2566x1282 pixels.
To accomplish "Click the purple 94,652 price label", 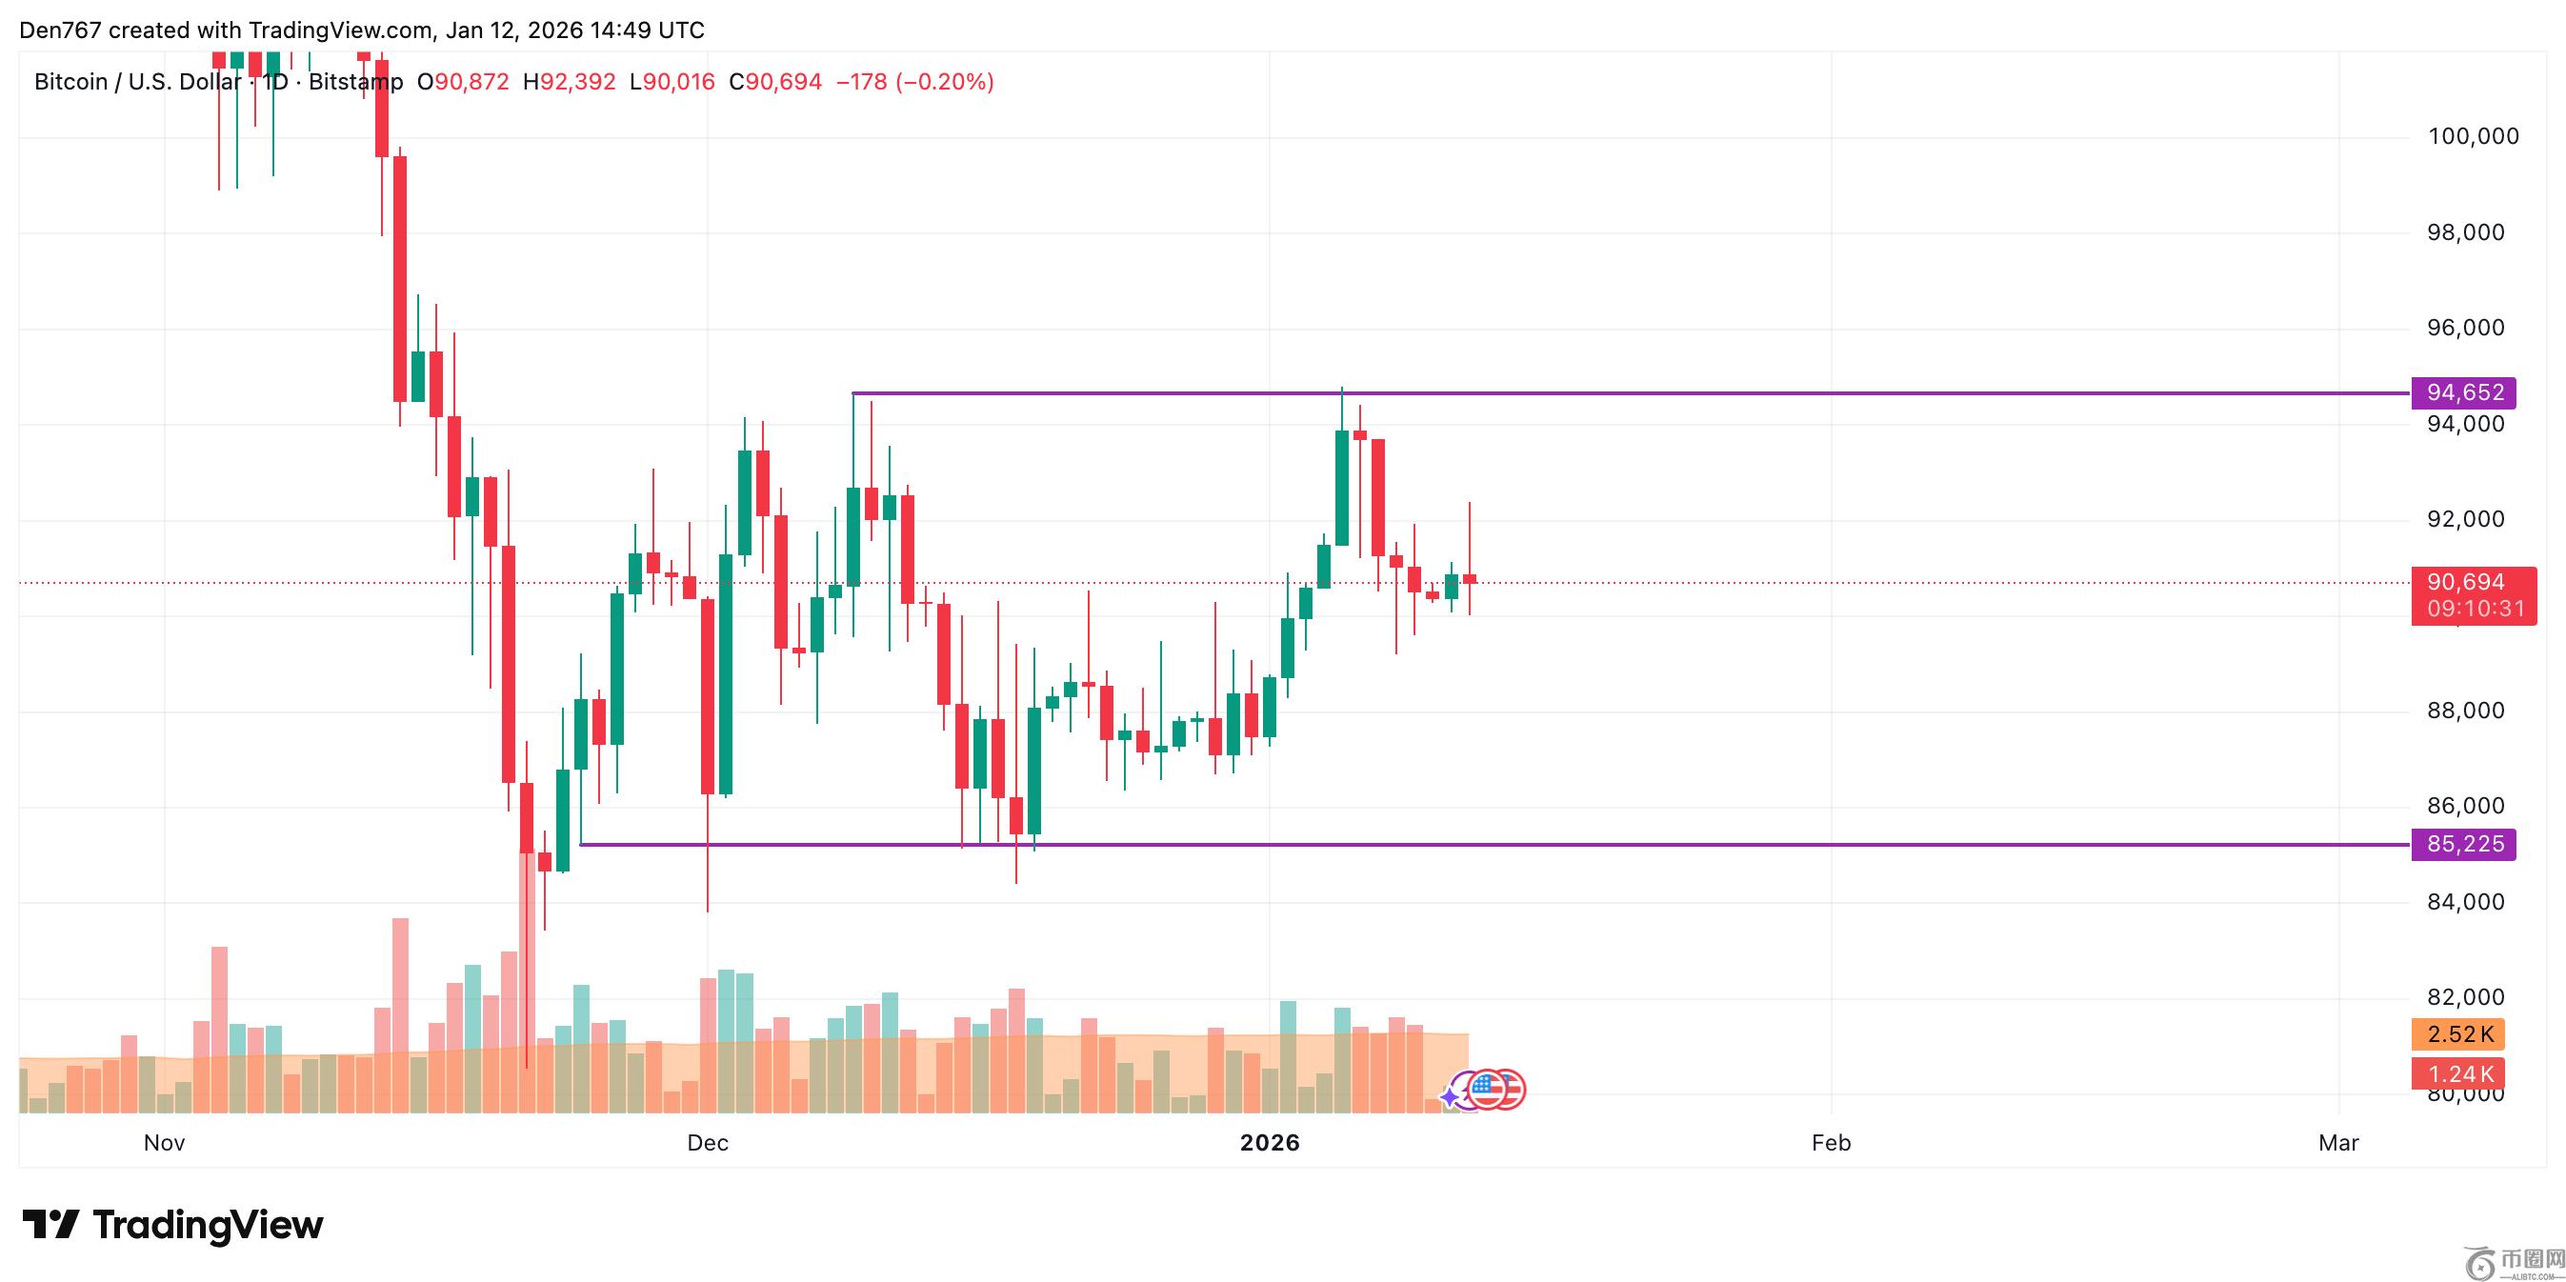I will [2462, 392].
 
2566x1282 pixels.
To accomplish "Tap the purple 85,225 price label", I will [2462, 845].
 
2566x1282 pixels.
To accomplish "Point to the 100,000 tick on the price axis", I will [2473, 136].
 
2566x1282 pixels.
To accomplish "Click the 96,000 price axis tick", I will [2464, 328].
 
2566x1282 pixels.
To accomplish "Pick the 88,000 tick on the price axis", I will [2464, 711].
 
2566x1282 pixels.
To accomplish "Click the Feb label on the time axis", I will [1831, 1143].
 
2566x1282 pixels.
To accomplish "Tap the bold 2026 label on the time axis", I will [1269, 1143].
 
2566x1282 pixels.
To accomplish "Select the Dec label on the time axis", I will [708, 1143].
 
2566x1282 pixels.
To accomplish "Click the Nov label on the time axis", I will [165, 1143].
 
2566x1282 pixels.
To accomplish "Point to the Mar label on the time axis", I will [2338, 1143].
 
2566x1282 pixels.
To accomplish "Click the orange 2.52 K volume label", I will [2458, 1034].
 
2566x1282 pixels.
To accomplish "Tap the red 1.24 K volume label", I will [2458, 1073].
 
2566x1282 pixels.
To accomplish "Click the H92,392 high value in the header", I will [570, 82].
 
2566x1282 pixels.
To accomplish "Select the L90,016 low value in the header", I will [672, 82].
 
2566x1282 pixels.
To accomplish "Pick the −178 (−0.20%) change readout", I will [914, 82].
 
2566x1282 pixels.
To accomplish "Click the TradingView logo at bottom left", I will [173, 1224].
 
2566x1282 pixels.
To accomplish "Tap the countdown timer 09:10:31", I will [2475, 609].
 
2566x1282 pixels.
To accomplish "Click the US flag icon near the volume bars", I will [1487, 1090].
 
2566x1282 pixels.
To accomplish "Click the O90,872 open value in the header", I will [463, 82].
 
